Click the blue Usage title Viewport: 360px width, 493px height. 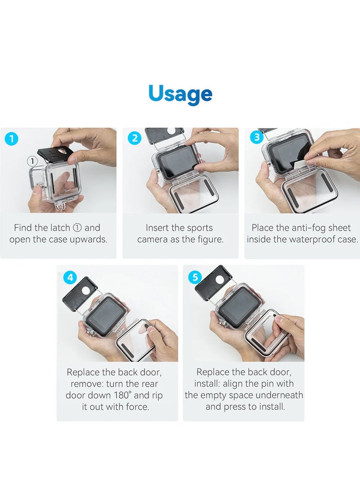180,94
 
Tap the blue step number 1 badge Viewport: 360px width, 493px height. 12,139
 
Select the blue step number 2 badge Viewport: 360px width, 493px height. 134,138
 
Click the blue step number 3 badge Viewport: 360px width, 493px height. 256,137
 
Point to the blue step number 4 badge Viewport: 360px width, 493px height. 70,277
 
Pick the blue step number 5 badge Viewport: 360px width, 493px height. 195,277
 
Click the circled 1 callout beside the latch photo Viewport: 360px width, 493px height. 32,161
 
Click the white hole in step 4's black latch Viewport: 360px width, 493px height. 85,290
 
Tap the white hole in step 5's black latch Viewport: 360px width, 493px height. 220,279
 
